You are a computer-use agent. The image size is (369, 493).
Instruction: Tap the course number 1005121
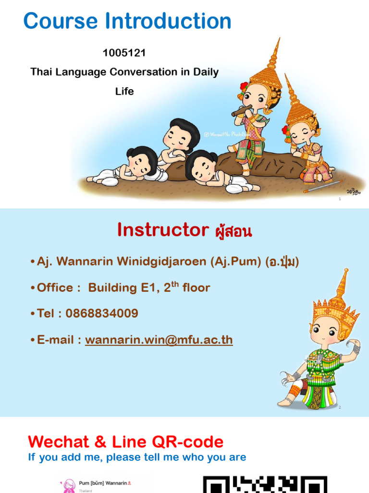tap(124, 53)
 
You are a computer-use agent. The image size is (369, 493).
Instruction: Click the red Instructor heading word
tap(163, 231)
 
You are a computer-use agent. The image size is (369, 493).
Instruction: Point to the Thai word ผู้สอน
tap(233, 232)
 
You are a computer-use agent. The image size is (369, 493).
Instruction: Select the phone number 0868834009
tap(102, 314)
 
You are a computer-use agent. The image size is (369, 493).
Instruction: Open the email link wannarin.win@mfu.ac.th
tap(159, 340)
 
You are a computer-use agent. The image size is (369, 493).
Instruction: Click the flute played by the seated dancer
tap(242, 112)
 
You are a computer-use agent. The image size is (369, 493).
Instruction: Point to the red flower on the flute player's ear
tap(244, 87)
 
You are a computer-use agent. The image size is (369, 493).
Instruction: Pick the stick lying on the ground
tap(322, 186)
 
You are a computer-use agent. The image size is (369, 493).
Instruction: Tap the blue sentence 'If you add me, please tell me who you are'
tap(137, 457)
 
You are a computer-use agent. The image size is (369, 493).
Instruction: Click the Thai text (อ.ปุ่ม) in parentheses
tap(282, 262)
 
